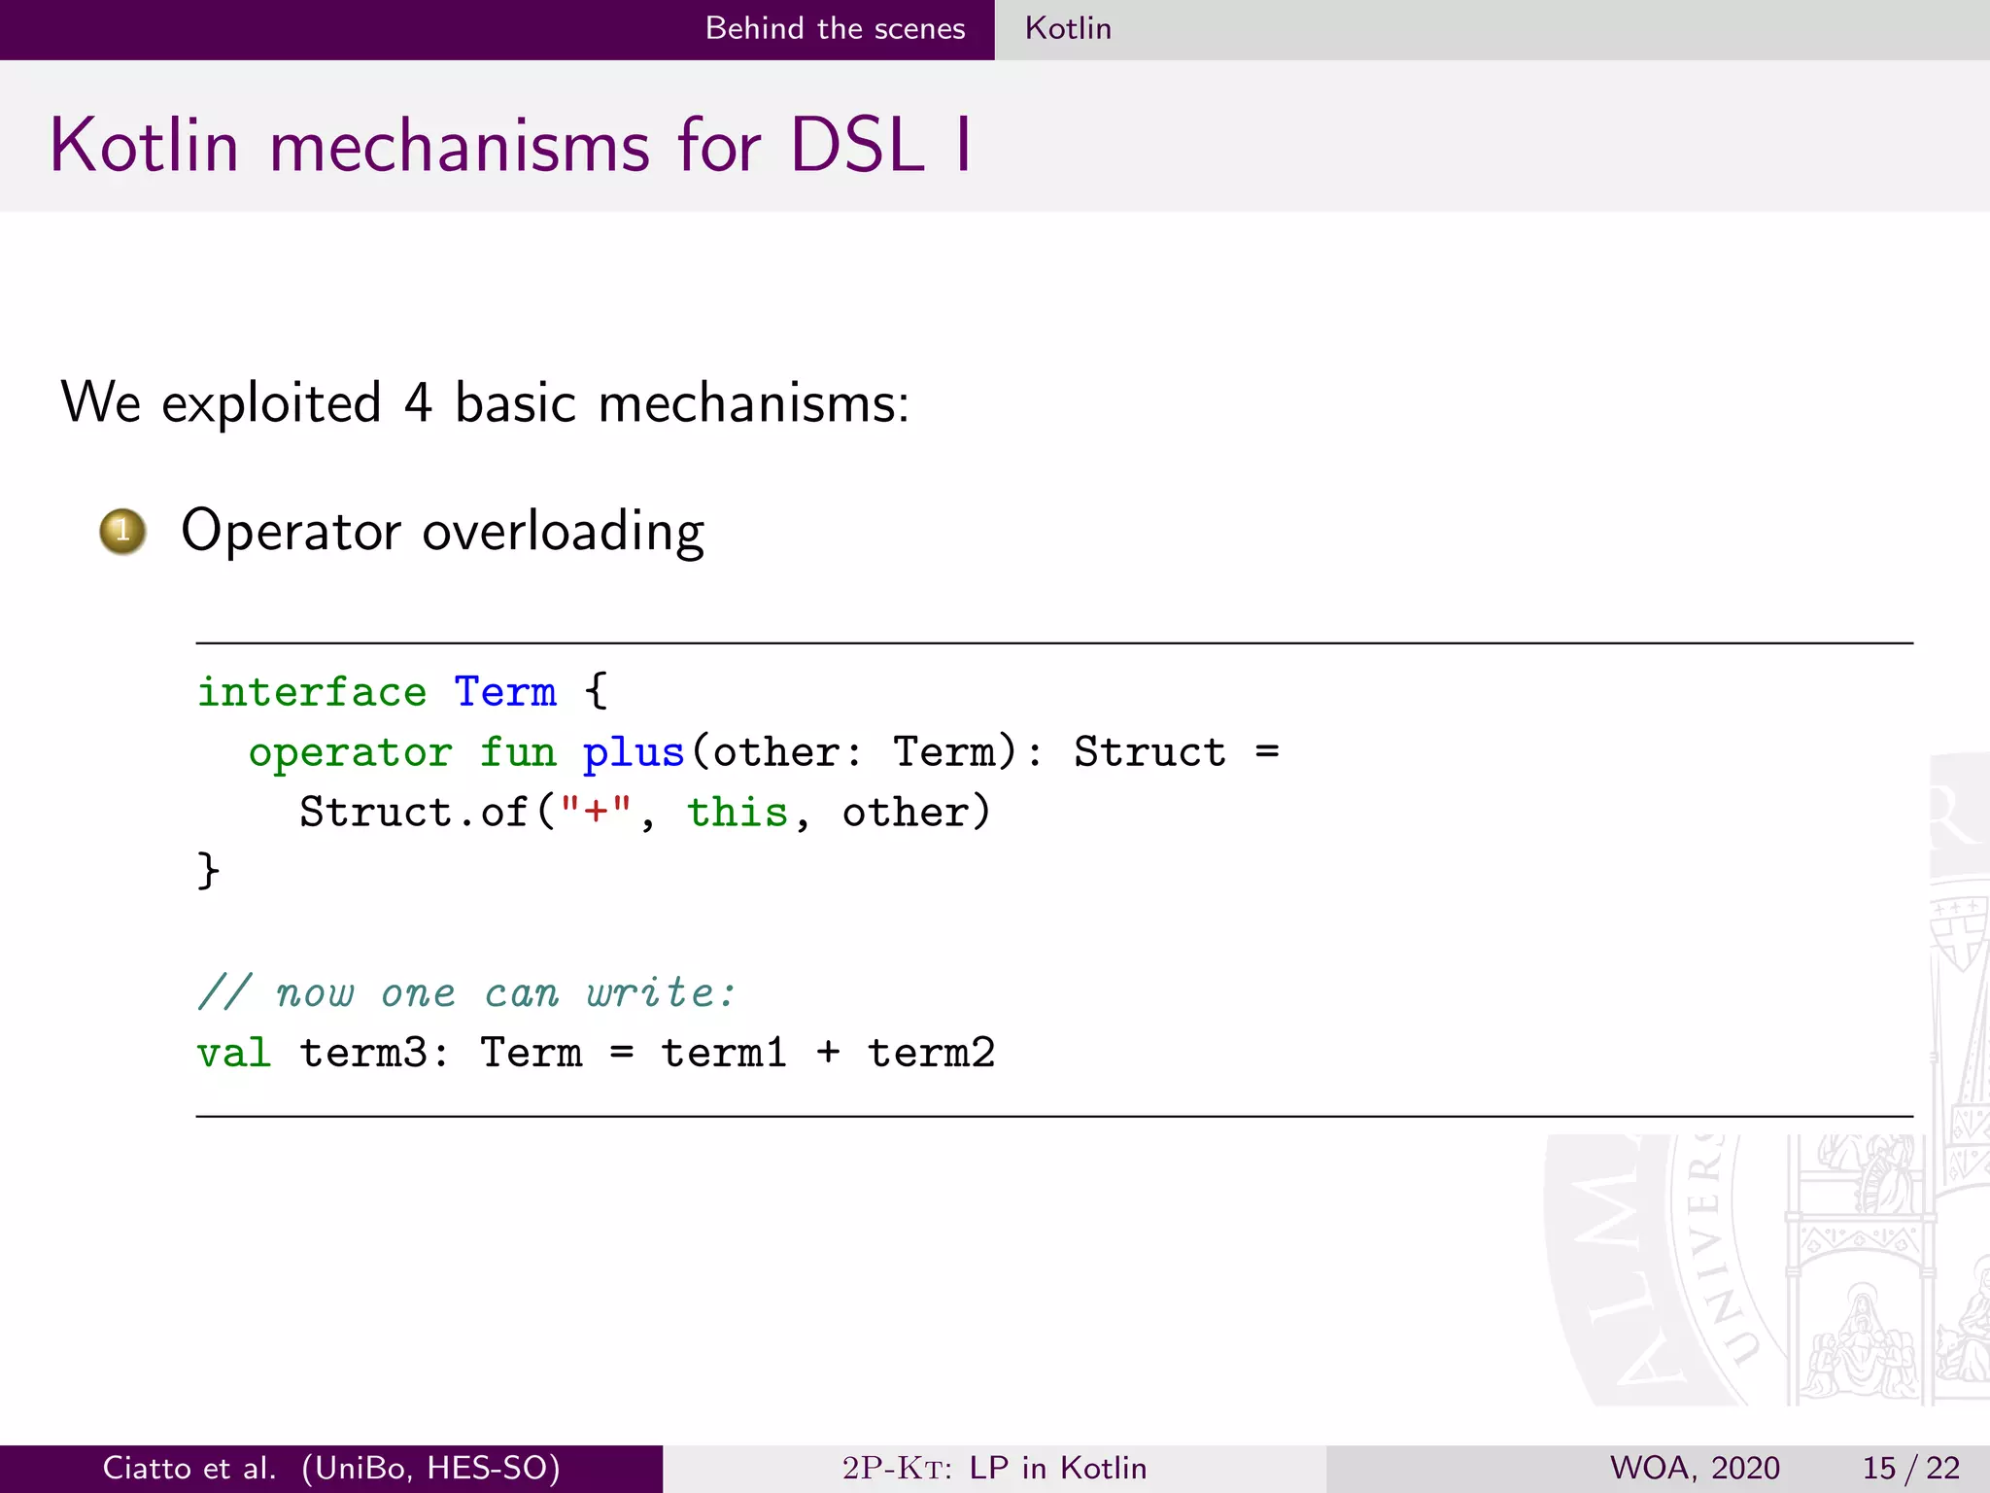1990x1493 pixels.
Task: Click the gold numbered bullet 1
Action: pyautogui.click(x=122, y=532)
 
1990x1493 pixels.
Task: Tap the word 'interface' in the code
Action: pyautogui.click(x=312, y=692)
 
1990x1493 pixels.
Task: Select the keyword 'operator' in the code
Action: pyautogui.click(x=350, y=752)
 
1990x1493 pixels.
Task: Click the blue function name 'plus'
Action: pyautogui.click(x=634, y=752)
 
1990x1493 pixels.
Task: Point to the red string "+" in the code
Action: pyautogui.click(x=596, y=812)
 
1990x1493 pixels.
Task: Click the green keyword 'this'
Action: pyautogui.click(x=737, y=812)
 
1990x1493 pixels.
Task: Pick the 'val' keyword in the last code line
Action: pyautogui.click(x=233, y=1053)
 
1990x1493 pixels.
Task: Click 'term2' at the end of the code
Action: pyautogui.click(x=931, y=1053)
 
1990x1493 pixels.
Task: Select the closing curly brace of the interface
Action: pyautogui.click(x=208, y=870)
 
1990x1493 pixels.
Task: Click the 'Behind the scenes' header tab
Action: pyautogui.click(x=835, y=28)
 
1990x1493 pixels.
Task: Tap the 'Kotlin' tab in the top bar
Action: pyautogui.click(x=1068, y=28)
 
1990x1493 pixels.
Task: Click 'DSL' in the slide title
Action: pyautogui.click(x=856, y=146)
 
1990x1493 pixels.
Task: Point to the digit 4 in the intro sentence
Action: pyautogui.click(x=418, y=402)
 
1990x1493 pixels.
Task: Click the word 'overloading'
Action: pyautogui.click(x=563, y=532)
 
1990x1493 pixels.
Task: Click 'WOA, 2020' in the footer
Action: pyautogui.click(x=1695, y=1468)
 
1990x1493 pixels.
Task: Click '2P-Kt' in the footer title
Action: pyautogui.click(x=895, y=1468)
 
